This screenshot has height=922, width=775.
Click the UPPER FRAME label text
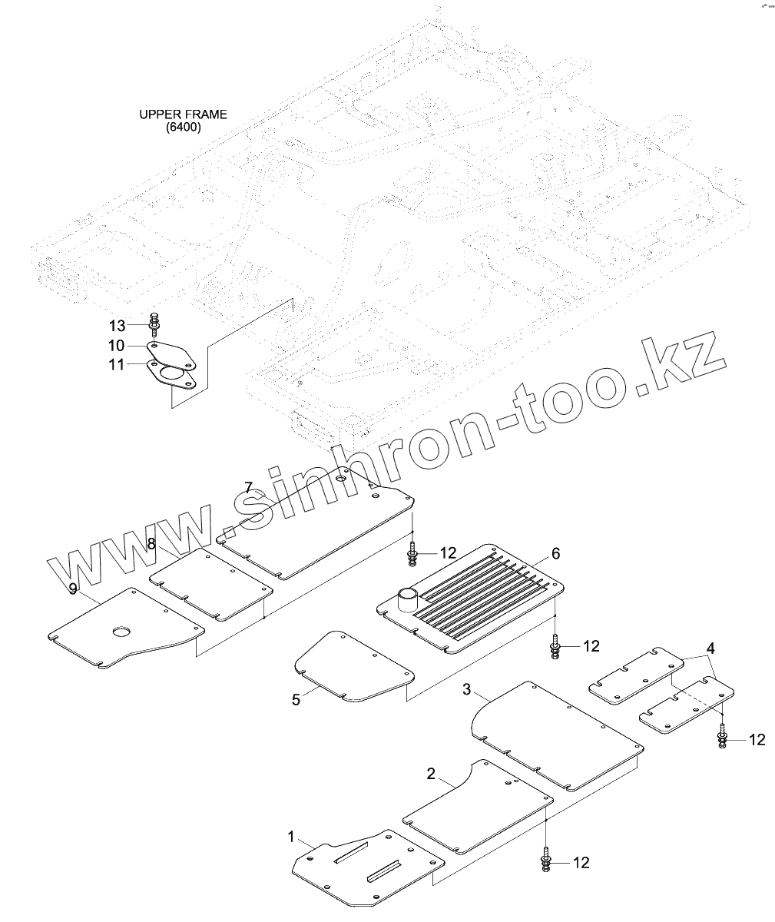[183, 121]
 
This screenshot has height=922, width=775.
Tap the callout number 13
[117, 327]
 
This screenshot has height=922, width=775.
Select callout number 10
[117, 345]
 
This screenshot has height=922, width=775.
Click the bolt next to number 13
[155, 326]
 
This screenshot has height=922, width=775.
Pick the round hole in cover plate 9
[121, 632]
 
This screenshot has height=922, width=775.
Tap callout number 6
[555, 553]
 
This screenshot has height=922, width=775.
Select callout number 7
[248, 487]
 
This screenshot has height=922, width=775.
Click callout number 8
[152, 544]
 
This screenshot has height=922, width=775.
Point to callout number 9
[72, 589]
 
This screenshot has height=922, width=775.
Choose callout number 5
[296, 699]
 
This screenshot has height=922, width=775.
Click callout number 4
[711, 648]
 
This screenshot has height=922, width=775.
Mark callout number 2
[431, 772]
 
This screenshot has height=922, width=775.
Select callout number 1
[290, 835]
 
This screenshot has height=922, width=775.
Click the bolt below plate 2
[545, 861]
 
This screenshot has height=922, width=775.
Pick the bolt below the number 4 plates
[723, 738]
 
